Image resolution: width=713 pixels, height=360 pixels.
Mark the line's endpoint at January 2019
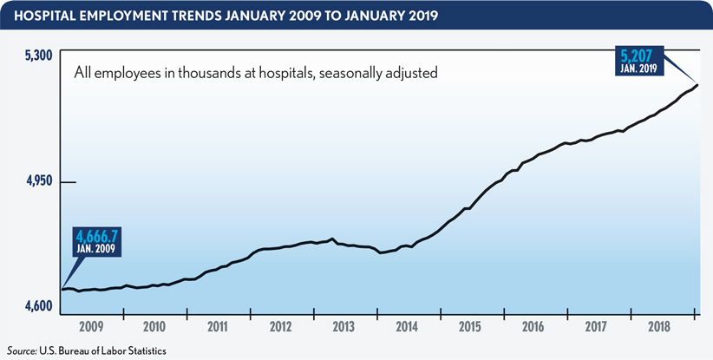click(x=698, y=84)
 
